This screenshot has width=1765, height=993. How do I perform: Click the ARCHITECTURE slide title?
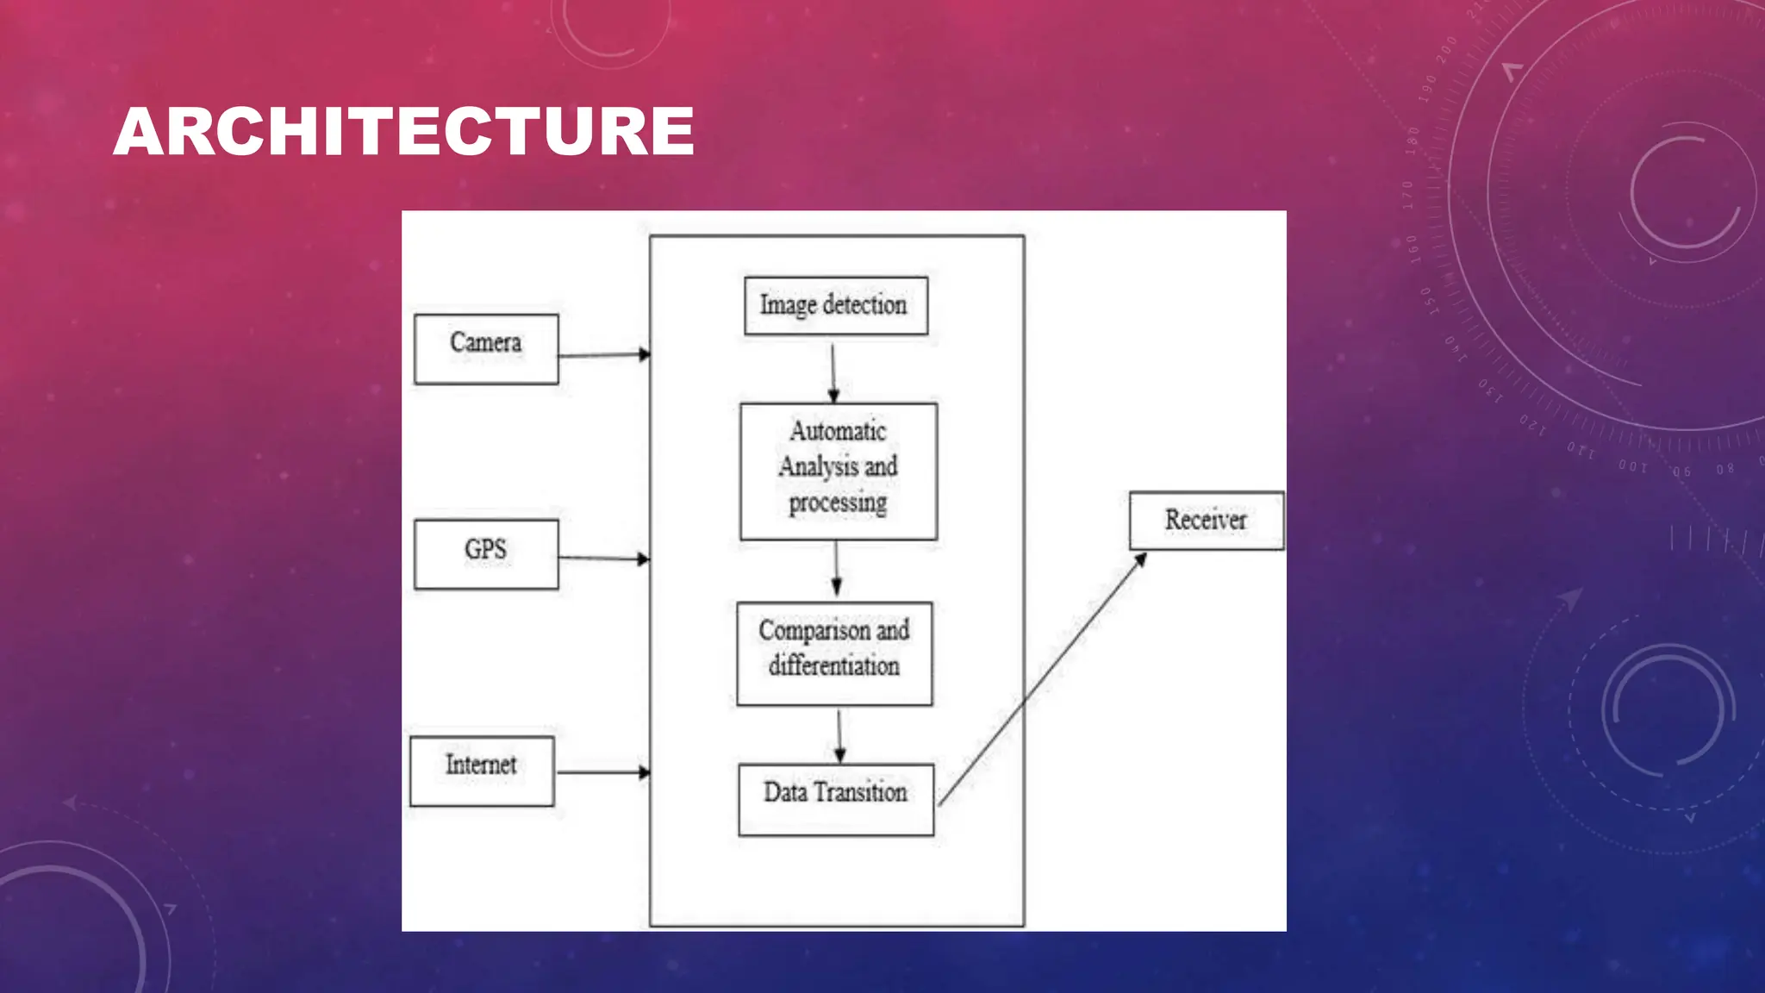point(403,132)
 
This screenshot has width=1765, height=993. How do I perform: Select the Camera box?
point(486,349)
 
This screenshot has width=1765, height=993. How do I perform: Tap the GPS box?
point(486,554)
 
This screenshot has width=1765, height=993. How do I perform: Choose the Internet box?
point(482,771)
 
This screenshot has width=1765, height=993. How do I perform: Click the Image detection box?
point(836,306)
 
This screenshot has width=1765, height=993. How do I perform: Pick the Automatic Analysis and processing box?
point(839,472)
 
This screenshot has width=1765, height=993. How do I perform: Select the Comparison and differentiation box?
point(834,653)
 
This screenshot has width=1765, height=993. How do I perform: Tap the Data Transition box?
point(836,799)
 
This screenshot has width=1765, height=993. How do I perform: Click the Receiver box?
point(1207,521)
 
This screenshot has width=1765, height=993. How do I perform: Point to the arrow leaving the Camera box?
point(603,355)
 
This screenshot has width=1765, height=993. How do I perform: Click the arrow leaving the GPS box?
point(603,559)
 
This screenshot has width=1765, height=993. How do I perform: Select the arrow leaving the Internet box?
point(602,771)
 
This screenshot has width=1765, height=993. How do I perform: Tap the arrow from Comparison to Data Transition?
point(839,735)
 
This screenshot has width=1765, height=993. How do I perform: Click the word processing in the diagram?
point(838,503)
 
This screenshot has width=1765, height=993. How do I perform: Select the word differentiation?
point(834,666)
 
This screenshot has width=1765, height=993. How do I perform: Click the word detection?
point(864,305)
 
